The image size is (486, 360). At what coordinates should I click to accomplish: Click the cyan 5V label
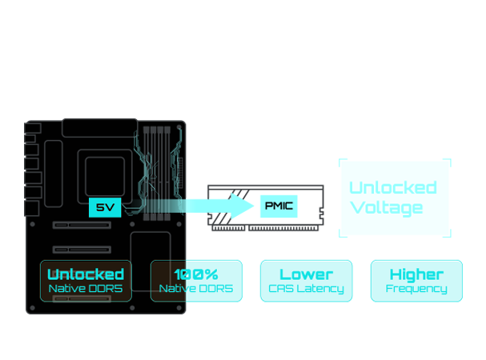point(105,207)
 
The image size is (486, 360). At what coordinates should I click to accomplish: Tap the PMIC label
point(279,206)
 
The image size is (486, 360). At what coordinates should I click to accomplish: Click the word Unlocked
point(86,274)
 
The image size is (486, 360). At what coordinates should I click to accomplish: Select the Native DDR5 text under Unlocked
point(86,288)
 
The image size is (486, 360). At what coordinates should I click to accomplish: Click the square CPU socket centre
point(104,171)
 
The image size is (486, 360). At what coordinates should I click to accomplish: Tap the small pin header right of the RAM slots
point(180,168)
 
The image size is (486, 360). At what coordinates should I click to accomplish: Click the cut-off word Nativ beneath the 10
point(171,288)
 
